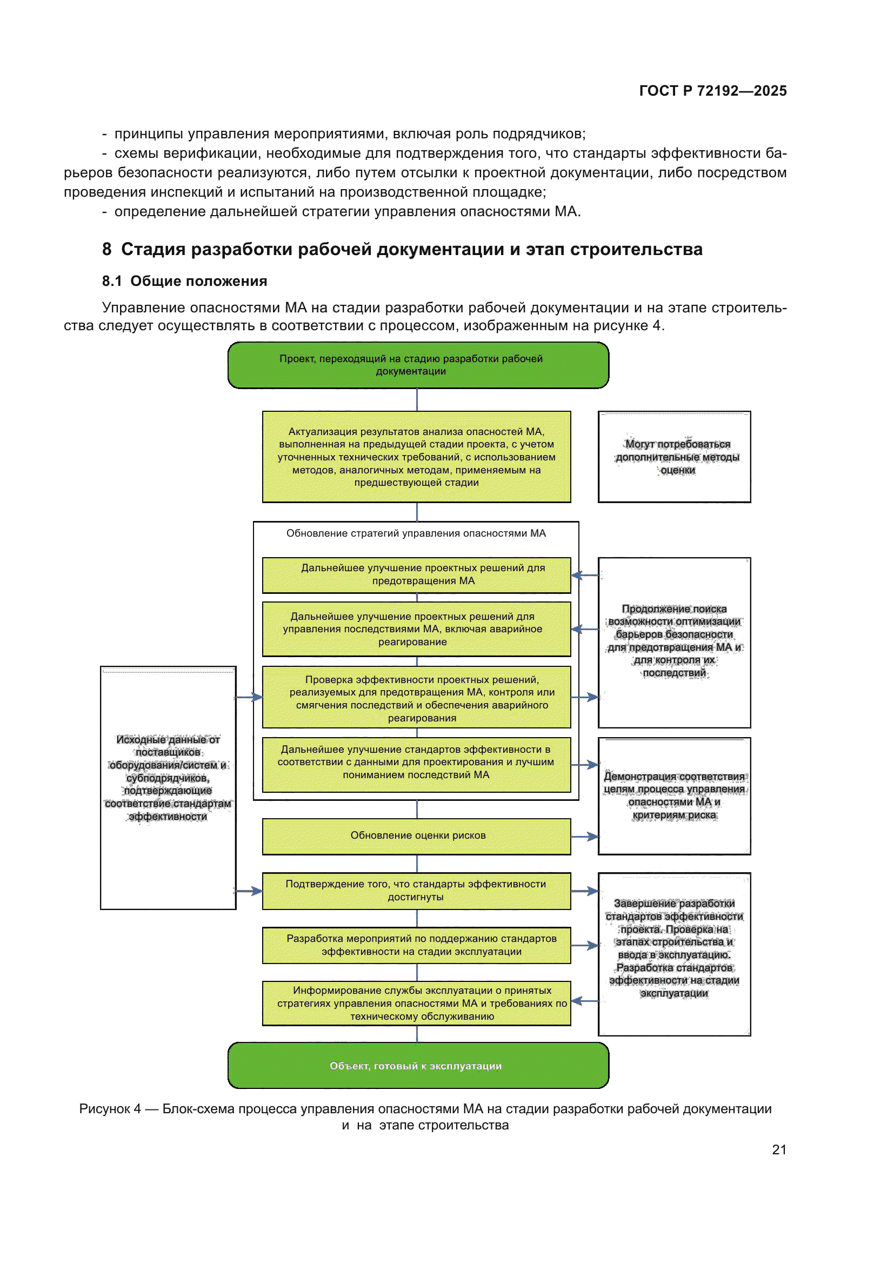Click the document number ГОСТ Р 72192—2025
pos(712,91)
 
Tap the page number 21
pos(779,1149)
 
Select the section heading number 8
pos(107,249)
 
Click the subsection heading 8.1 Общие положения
pos(184,282)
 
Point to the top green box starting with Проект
pos(418,365)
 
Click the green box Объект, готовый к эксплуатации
pos(418,1066)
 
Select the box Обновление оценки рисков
pos(417,835)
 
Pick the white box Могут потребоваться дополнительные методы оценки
pos(675,457)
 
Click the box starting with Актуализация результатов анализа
pos(416,457)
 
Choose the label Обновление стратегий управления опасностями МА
pos(416,533)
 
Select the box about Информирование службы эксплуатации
pos(416,1003)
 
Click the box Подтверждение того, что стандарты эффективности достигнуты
pos(416,890)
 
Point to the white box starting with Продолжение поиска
pos(675,642)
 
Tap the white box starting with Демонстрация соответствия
pos(675,795)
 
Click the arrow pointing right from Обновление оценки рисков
pos(585,837)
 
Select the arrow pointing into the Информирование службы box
pos(584,1001)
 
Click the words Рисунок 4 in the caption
pos(110,1108)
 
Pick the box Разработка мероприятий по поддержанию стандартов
pos(416,945)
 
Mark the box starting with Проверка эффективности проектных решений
pos(416,698)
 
